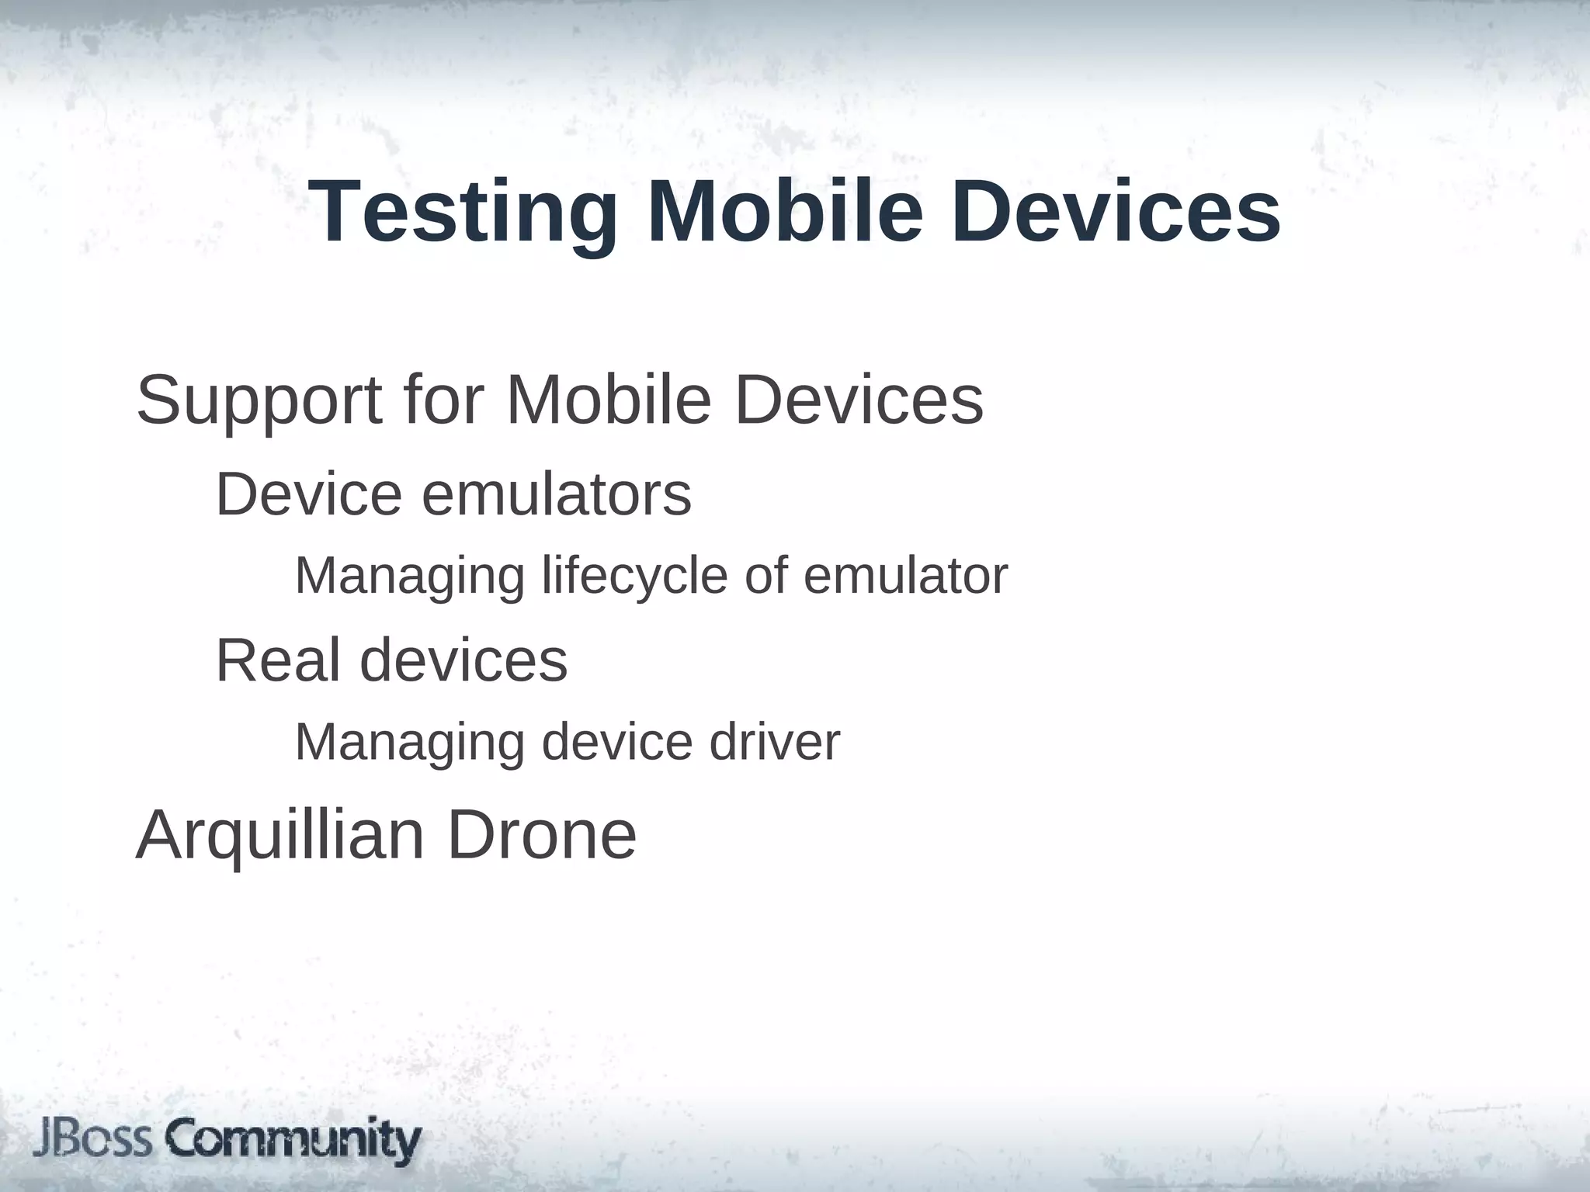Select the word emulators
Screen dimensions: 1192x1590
coord(556,495)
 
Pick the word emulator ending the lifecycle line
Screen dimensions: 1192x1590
coord(905,577)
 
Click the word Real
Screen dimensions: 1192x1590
coord(278,660)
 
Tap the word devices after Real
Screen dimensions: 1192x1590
coord(463,660)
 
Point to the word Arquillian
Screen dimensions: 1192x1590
coord(280,837)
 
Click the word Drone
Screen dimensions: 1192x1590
coord(542,835)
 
